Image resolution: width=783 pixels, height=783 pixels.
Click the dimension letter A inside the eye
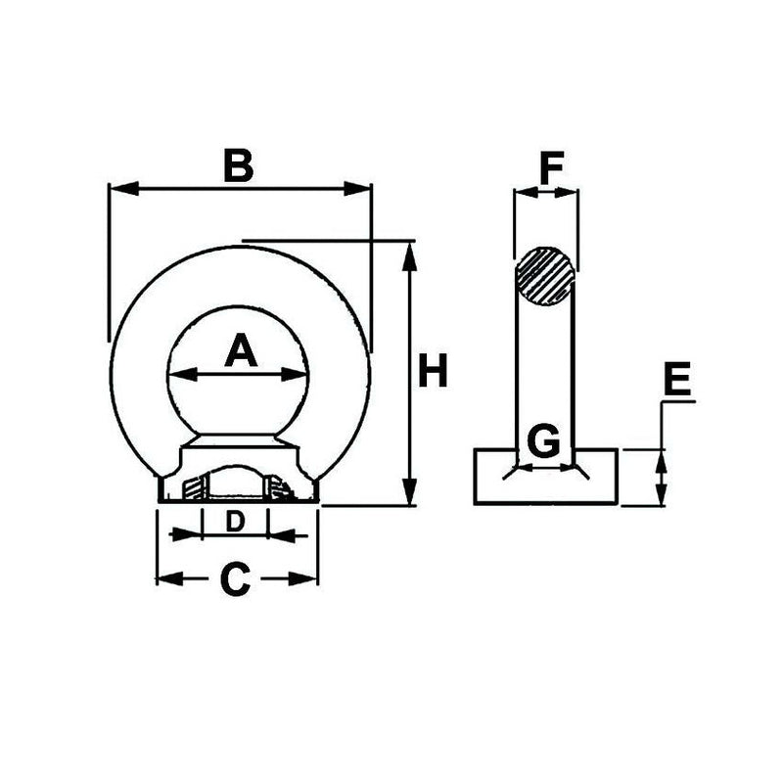(240, 350)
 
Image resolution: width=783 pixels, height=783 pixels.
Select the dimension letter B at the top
(238, 166)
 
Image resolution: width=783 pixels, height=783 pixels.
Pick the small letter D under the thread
(234, 522)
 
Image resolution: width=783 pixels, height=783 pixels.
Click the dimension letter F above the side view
(552, 169)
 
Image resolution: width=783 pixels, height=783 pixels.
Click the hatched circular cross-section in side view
(545, 276)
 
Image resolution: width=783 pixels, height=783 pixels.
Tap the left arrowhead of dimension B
(115, 188)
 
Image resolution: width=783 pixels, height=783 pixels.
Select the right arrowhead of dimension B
(364, 188)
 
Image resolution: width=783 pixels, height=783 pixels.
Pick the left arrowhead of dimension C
(165, 579)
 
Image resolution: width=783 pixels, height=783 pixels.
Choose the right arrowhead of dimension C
(309, 579)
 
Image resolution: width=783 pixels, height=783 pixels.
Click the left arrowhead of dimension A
(176, 374)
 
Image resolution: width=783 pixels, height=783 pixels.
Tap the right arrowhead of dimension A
(299, 374)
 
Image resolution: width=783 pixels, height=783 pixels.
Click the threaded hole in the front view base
(235, 484)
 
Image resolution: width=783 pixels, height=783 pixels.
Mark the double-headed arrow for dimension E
(662, 477)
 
